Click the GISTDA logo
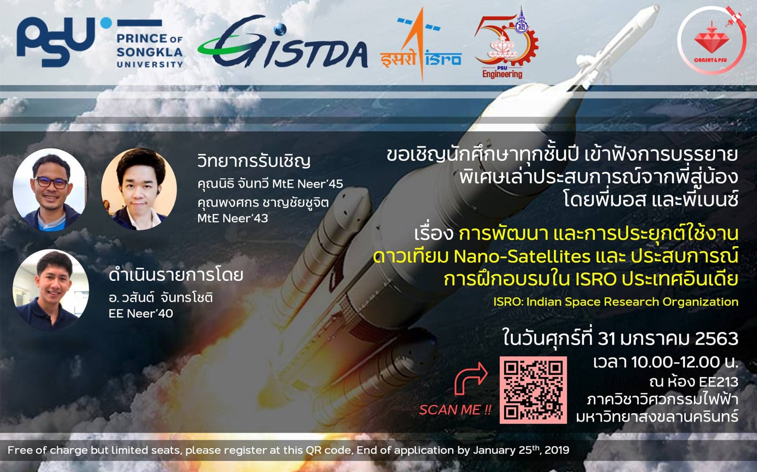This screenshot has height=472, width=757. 282,42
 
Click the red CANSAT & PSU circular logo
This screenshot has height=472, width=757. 712,40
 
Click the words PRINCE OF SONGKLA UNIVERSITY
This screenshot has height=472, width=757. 150,51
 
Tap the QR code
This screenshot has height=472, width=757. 533,390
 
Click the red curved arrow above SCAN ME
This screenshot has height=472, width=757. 471,378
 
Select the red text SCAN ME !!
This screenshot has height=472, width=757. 455,410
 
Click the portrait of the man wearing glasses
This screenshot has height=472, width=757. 50,189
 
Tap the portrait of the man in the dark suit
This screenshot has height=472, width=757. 139,189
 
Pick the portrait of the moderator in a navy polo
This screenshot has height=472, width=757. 51,290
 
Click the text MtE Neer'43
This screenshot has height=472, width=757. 233,218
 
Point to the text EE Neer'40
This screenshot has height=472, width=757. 141,313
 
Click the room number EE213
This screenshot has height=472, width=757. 718,382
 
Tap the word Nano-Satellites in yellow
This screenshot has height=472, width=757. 522,257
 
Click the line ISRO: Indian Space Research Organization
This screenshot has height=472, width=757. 616,302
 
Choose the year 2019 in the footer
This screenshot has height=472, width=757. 557,450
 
